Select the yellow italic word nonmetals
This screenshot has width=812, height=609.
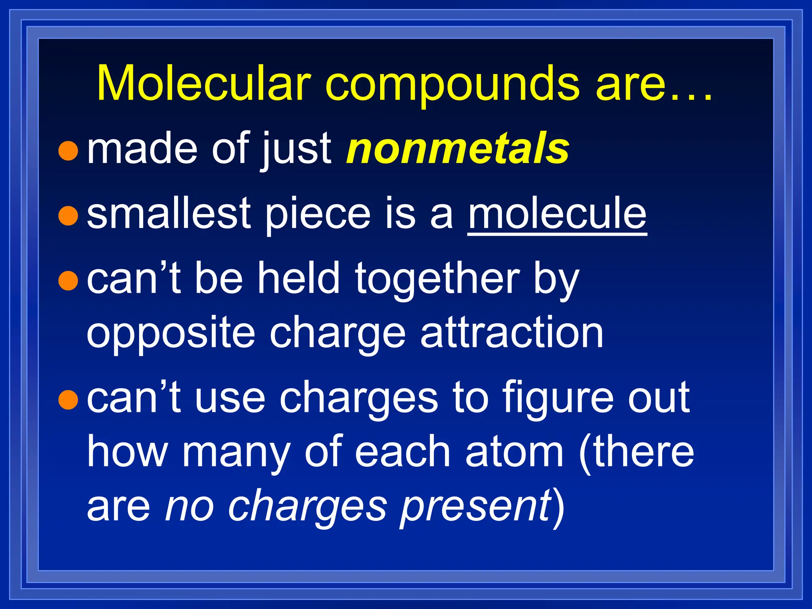458,149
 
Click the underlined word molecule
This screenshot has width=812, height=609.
557,214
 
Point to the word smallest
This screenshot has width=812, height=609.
169,214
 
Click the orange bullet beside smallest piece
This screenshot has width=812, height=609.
68,216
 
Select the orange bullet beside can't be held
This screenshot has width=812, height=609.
68,281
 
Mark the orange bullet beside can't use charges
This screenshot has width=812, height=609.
68,399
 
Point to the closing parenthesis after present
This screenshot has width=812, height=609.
559,507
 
